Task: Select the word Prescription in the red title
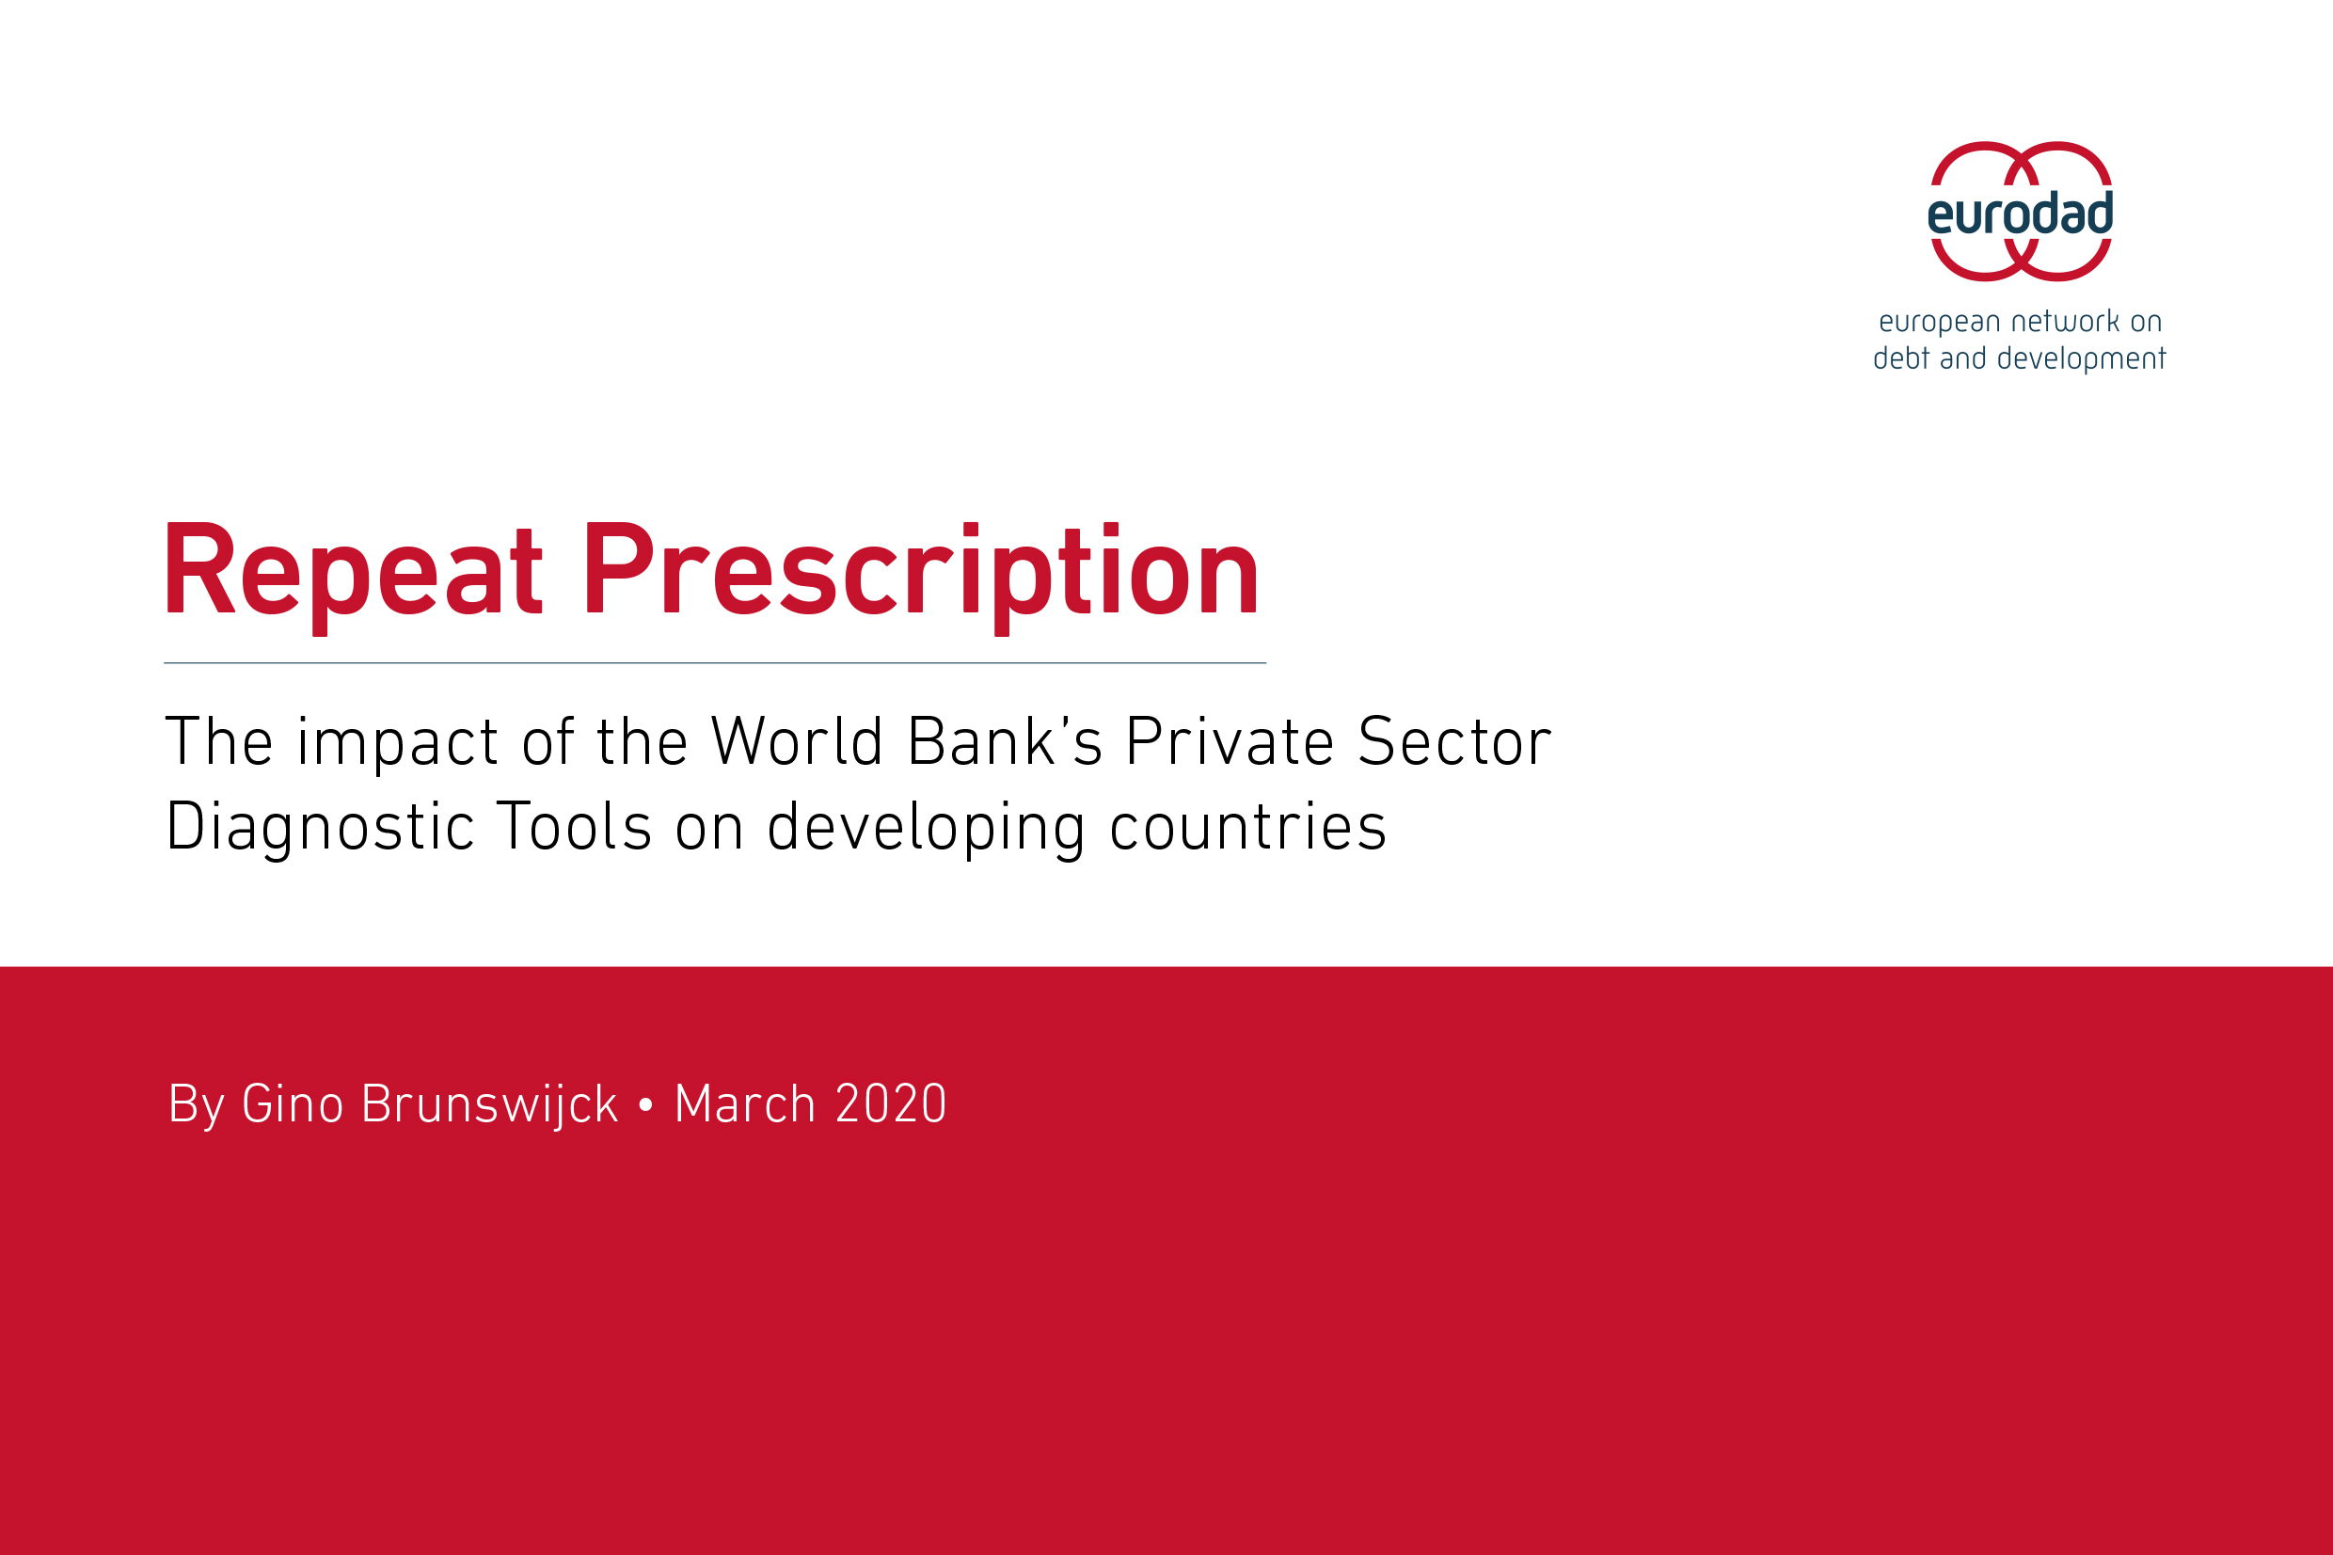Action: click(922, 578)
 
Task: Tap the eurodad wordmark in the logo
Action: click(2020, 214)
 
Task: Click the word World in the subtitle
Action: click(796, 742)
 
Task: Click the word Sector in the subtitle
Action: click(1454, 742)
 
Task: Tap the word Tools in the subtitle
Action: click(575, 826)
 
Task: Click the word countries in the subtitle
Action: click(1247, 826)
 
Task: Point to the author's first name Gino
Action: click(293, 1103)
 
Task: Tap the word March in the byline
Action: click(745, 1103)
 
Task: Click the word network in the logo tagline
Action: click(2064, 322)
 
